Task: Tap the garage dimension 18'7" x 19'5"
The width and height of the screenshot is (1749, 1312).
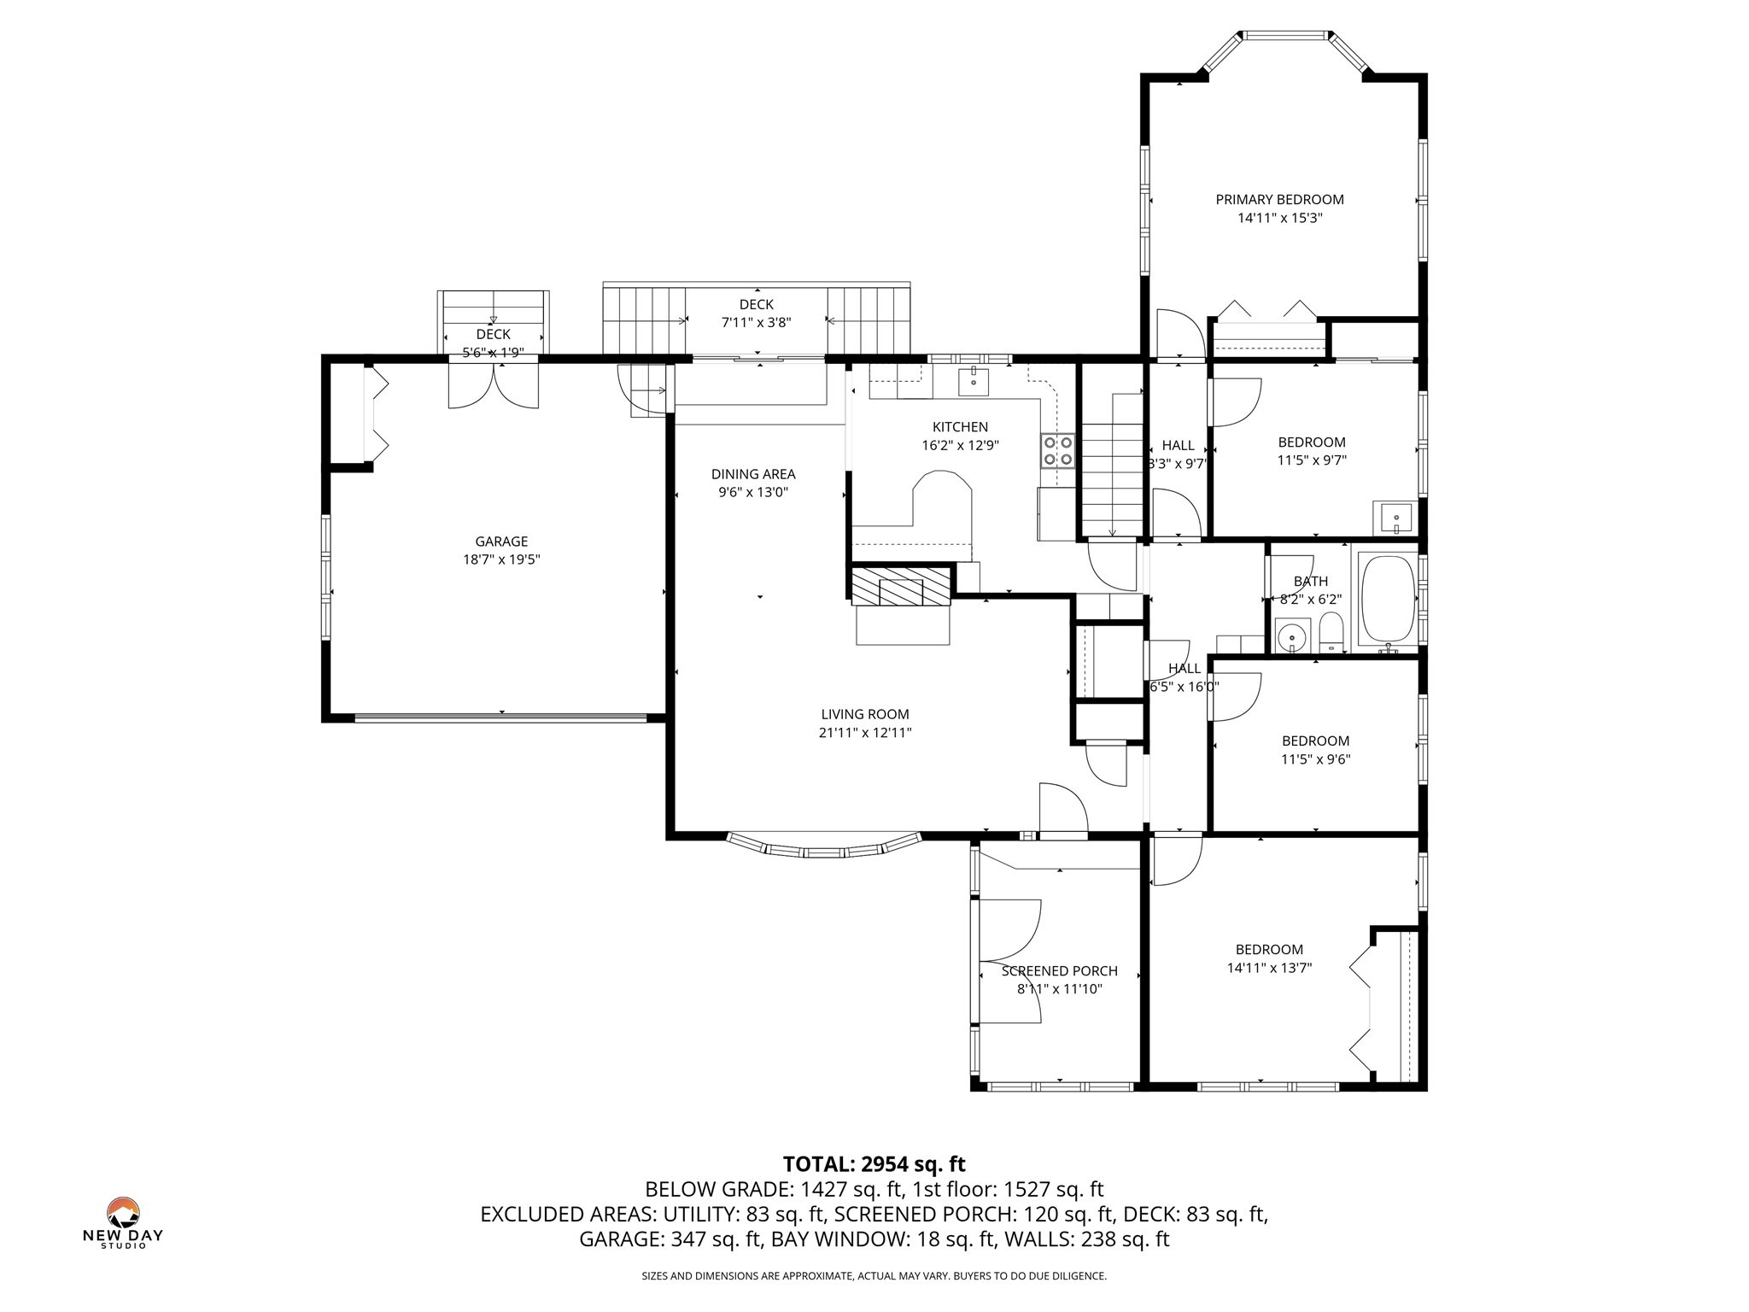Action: (501, 559)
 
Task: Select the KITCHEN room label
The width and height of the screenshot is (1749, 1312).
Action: (960, 427)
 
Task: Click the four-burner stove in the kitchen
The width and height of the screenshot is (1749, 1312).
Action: (1057, 450)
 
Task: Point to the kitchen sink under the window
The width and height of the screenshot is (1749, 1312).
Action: (973, 382)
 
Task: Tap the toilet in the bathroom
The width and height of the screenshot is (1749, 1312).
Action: (1331, 635)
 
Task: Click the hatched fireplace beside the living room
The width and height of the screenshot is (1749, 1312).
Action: (901, 586)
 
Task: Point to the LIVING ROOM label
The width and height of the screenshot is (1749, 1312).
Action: (865, 714)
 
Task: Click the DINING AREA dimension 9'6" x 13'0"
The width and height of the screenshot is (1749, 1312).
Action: (753, 492)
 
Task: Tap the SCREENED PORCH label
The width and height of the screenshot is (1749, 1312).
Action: (1059, 971)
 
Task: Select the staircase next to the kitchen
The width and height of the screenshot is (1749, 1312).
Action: (1112, 466)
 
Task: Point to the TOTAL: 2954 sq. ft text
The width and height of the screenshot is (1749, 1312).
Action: (874, 1163)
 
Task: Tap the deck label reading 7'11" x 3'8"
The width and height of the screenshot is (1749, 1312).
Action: (756, 323)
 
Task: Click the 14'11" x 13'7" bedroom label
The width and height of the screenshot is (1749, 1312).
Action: (1269, 968)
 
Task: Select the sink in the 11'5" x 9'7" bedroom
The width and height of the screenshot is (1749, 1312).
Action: (1395, 518)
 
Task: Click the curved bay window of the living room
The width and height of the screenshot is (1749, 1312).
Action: (823, 849)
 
